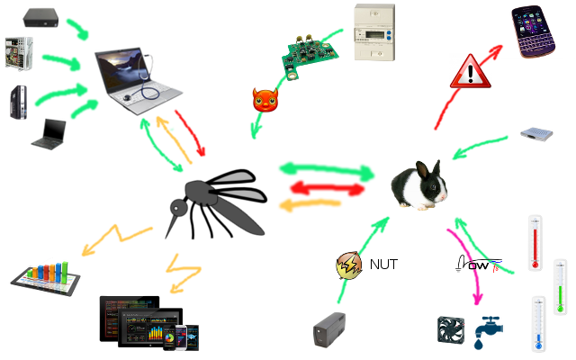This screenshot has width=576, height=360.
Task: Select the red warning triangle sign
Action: pos(471,71)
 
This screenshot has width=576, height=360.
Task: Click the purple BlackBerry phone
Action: pos(538,30)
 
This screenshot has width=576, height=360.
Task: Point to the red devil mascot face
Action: pos(265,100)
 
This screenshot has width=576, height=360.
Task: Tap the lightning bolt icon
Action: pos(348,265)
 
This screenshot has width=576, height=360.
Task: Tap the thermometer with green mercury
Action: pos(559,286)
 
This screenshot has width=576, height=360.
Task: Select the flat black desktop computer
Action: pos(43,16)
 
